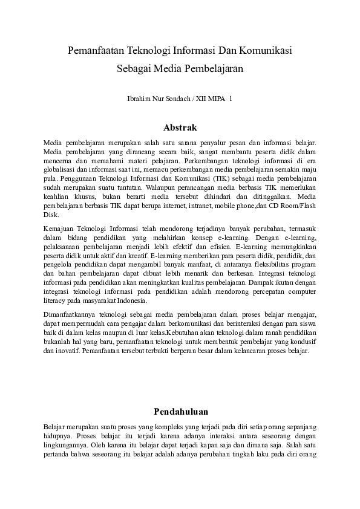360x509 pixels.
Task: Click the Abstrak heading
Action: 180,128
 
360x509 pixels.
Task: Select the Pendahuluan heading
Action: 180,412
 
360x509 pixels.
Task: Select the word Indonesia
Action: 133,300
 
